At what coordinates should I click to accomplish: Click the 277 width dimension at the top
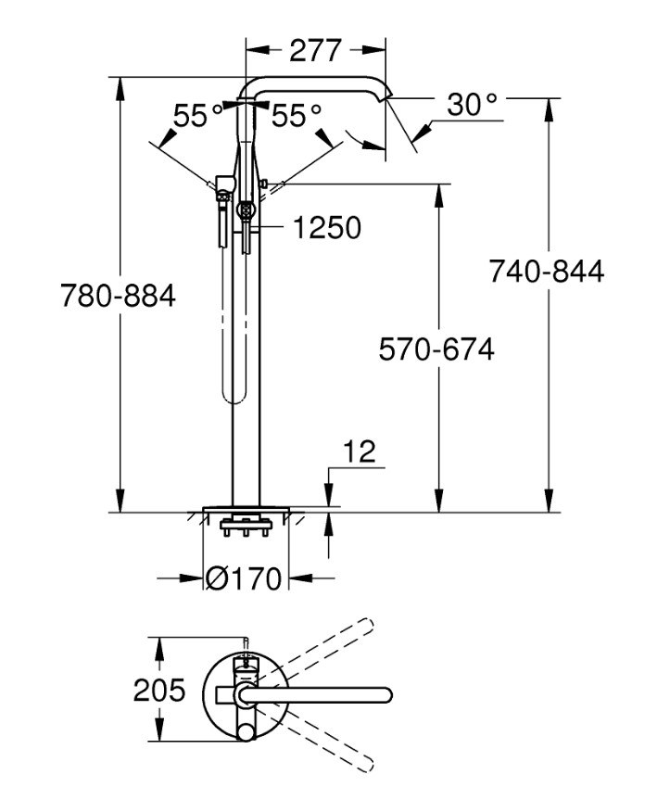[x=315, y=50]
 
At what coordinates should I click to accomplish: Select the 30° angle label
[x=473, y=106]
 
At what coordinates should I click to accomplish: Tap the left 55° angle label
[x=198, y=116]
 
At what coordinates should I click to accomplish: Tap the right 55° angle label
[x=297, y=116]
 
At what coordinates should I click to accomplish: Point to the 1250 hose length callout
[x=327, y=227]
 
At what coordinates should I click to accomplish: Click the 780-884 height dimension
[x=118, y=297]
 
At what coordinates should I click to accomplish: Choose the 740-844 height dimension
[x=547, y=272]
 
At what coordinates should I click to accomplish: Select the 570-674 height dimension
[x=436, y=349]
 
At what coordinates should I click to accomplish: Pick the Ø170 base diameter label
[x=243, y=579]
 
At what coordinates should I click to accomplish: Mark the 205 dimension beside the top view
[x=159, y=690]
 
